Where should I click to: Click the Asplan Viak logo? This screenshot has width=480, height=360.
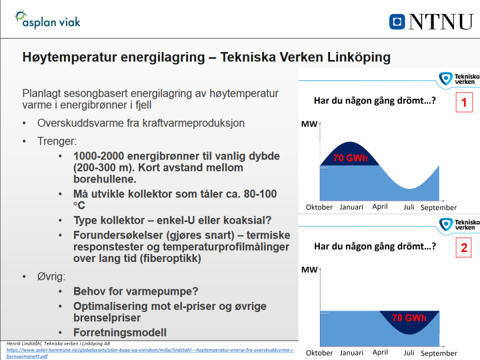coord(47,20)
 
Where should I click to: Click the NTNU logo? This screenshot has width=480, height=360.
coord(430,21)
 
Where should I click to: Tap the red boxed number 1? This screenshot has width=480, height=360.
coord(464,103)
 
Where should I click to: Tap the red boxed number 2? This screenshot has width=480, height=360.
coord(464,248)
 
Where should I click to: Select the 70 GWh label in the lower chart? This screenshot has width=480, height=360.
coord(409,317)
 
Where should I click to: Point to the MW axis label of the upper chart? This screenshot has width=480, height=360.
coord(309,124)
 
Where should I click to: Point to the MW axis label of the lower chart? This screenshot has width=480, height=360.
coord(309,269)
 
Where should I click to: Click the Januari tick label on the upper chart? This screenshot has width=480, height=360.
coord(351,207)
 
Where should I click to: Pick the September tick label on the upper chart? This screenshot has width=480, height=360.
coord(438,207)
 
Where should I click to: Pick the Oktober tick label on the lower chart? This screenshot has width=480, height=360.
coord(319,353)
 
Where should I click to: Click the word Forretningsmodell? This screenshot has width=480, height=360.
coord(120,332)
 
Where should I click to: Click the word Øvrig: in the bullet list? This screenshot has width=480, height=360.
coord(51,276)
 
